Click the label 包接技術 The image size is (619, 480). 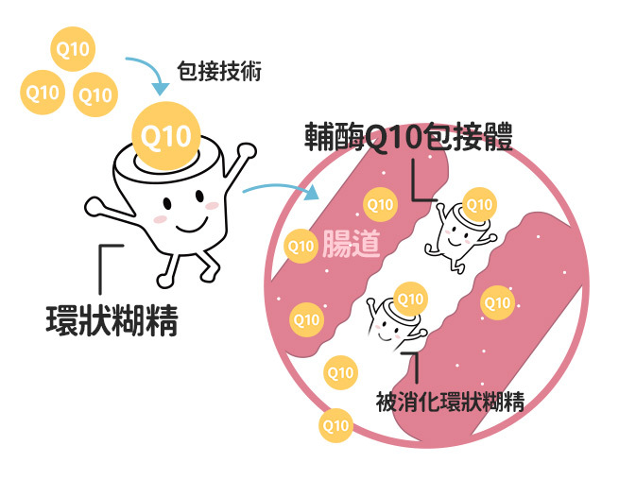click(218, 71)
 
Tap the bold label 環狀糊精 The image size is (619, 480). click(112, 319)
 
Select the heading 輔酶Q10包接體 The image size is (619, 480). click(408, 139)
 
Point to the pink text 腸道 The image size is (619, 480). click(351, 243)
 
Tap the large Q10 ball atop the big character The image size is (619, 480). click(165, 136)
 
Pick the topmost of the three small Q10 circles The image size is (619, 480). click(71, 50)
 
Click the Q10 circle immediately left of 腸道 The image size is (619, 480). click(301, 247)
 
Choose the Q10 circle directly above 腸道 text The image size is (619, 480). click(380, 203)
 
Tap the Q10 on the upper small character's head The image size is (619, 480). click(480, 203)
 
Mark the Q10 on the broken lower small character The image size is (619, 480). click(409, 300)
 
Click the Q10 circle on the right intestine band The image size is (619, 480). click(496, 302)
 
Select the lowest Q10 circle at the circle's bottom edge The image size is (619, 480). click(336, 425)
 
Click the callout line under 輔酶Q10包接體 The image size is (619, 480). click(417, 184)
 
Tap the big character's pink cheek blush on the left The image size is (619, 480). click(161, 219)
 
